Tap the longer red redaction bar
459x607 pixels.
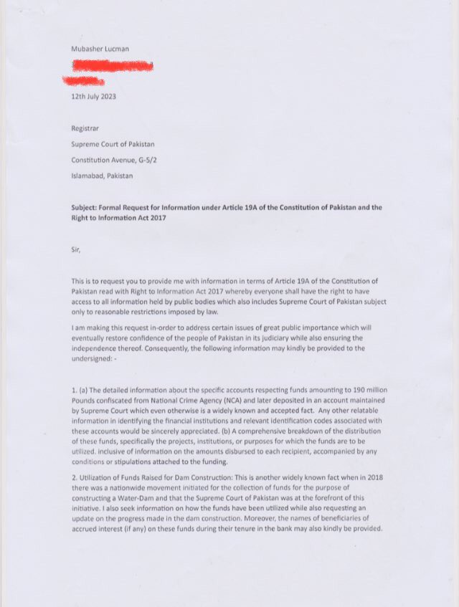pyautogui.click(x=113, y=66)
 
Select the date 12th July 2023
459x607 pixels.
pyautogui.click(x=94, y=95)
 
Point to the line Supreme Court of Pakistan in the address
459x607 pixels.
pyautogui.click(x=113, y=143)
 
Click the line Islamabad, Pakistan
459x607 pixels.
pyautogui.click(x=102, y=176)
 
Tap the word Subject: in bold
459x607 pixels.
pyautogui.click(x=87, y=208)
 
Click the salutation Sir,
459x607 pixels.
pyautogui.click(x=77, y=249)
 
